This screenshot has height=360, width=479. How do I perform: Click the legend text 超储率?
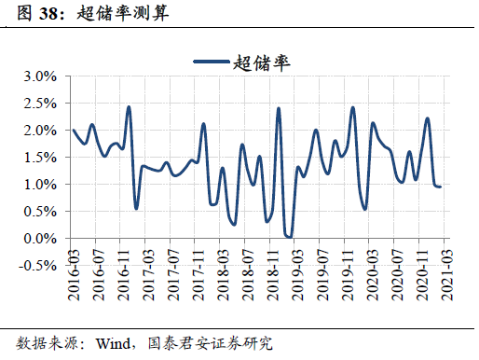[262, 62]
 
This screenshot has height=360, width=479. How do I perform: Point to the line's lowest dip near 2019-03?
[289, 237]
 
